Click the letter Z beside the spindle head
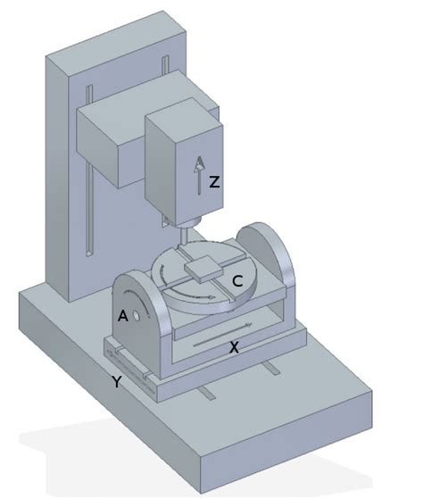[x=214, y=182]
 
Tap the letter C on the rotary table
[x=237, y=281]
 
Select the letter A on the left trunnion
[x=121, y=315]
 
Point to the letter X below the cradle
[x=234, y=348]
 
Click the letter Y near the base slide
[x=116, y=382]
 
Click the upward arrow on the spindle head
[x=199, y=174]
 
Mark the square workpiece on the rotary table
[x=203, y=266]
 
